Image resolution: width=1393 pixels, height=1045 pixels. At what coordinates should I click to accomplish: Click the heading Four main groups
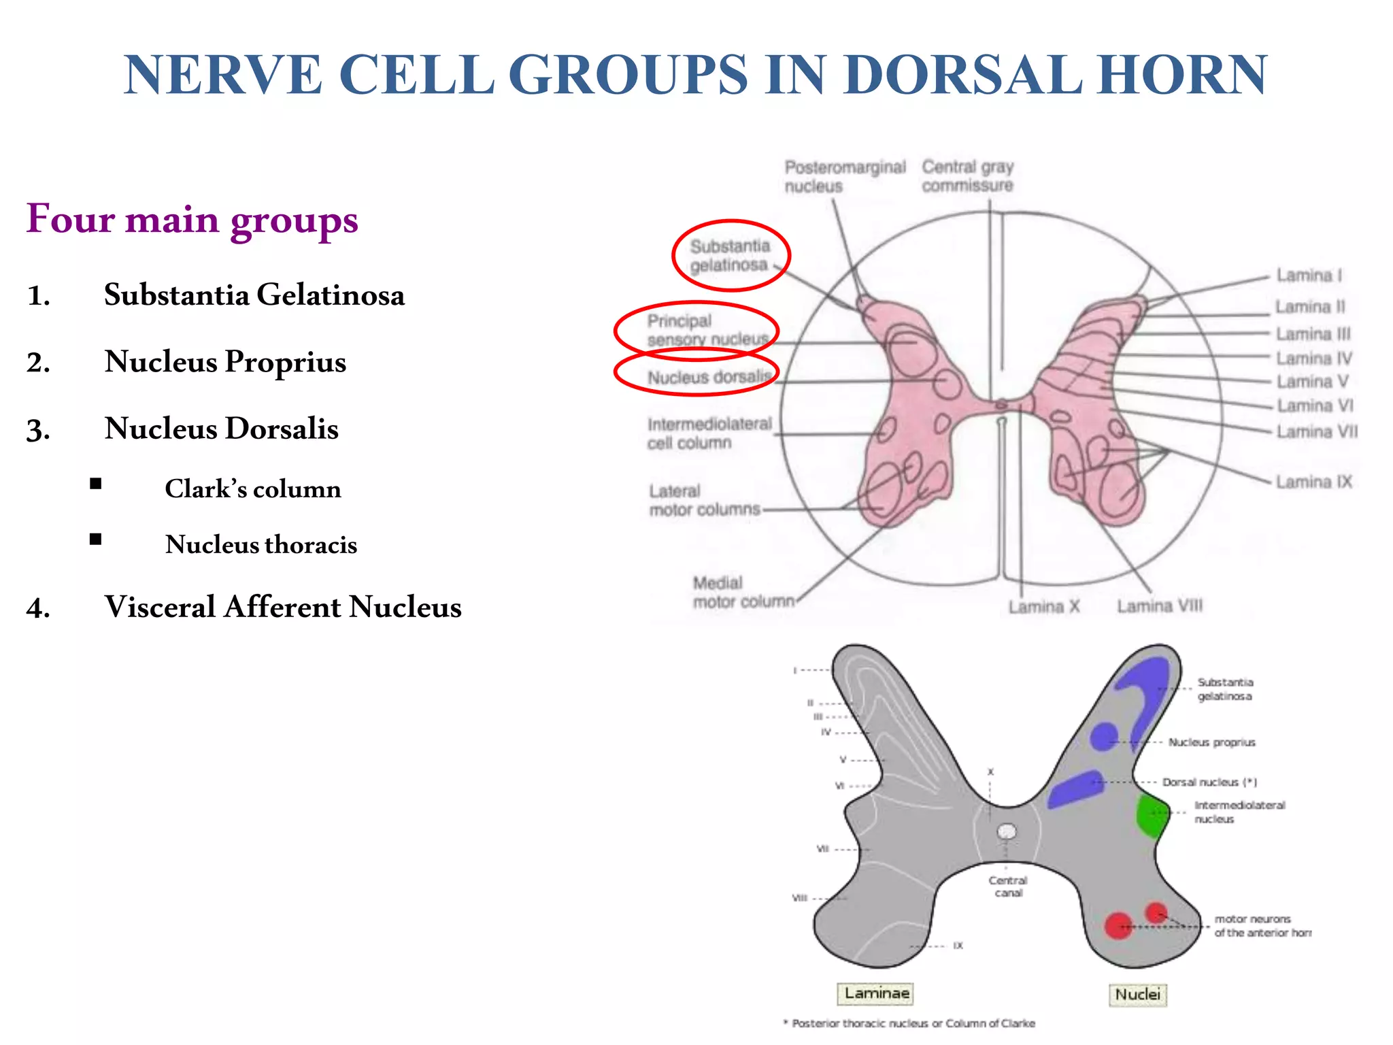click(192, 219)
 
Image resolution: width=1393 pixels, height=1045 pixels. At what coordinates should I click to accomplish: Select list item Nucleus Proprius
click(224, 361)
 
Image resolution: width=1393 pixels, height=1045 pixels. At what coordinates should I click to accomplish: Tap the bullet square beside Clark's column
click(96, 484)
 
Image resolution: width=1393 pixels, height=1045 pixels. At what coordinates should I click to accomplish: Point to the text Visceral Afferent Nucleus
click(282, 607)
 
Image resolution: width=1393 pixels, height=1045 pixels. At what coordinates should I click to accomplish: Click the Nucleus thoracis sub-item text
click(261, 544)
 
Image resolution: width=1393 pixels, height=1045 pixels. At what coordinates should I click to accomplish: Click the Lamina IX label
click(1313, 482)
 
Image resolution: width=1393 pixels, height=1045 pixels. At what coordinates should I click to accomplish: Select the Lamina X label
click(1043, 606)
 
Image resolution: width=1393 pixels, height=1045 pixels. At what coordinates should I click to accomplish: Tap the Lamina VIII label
click(1159, 606)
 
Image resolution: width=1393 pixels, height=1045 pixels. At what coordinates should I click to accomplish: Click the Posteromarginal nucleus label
click(845, 176)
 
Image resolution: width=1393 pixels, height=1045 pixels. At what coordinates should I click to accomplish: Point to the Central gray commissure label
click(967, 176)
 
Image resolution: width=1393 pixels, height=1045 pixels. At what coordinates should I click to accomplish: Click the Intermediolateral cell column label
click(709, 433)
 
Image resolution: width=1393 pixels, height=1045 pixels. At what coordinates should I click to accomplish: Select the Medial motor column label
click(743, 592)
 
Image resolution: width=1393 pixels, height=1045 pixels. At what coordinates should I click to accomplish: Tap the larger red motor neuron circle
click(1118, 926)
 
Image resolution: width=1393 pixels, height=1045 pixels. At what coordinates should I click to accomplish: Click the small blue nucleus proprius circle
click(1103, 736)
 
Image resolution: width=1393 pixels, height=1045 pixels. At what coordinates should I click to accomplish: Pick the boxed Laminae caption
click(876, 993)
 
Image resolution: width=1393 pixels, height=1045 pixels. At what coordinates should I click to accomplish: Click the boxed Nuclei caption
click(1137, 994)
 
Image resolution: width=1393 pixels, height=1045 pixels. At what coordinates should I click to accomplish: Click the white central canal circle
click(1007, 831)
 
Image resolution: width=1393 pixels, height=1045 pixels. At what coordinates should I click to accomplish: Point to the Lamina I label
click(1309, 275)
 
